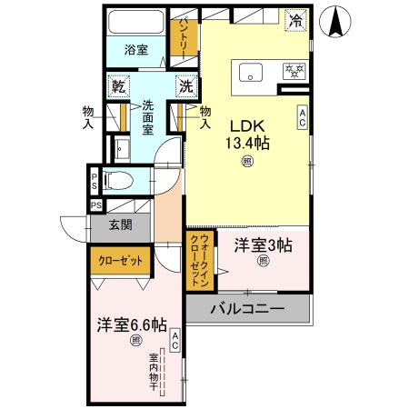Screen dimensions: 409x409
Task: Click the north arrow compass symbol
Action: pyautogui.click(x=338, y=24)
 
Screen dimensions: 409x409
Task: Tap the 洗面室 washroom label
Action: pyautogui.click(x=148, y=118)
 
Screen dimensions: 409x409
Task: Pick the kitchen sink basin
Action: pyautogui.click(x=250, y=72)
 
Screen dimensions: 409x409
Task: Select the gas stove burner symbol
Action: pyautogui.click(x=294, y=72)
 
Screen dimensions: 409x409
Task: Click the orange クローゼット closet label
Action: pyautogui.click(x=121, y=262)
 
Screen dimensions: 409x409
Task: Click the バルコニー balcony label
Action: pyautogui.click(x=247, y=309)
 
